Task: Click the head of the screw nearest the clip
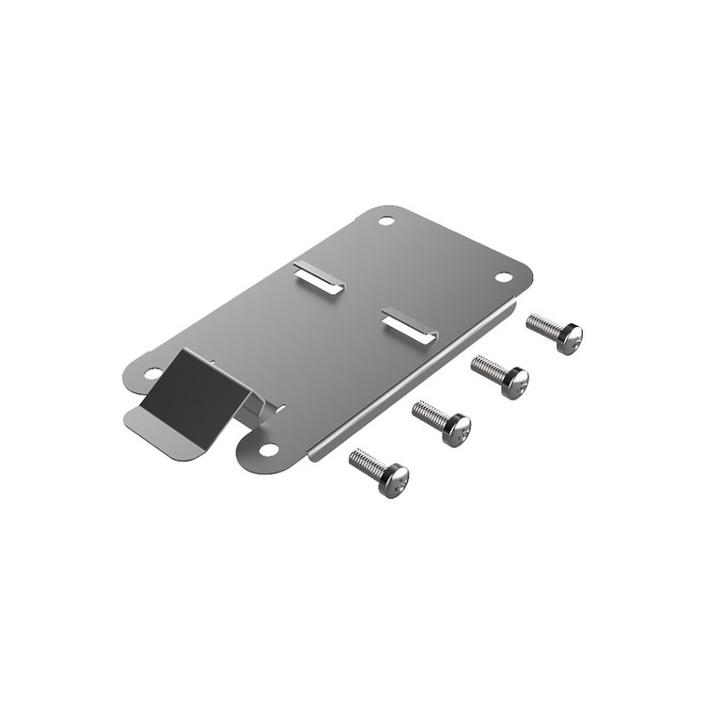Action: click(394, 481)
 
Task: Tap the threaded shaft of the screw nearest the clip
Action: click(368, 463)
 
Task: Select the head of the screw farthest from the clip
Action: click(569, 338)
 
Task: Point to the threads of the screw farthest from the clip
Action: click(543, 326)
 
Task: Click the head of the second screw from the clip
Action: click(456, 430)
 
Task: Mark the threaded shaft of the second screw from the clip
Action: click(430, 414)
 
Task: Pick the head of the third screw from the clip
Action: click(514, 382)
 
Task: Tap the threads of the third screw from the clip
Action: click(488, 368)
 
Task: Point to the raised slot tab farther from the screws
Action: click(319, 276)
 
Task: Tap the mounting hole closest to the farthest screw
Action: click(502, 276)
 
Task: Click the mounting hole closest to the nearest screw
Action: click(269, 450)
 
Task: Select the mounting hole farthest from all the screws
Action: click(151, 373)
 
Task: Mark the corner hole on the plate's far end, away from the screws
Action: click(385, 221)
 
